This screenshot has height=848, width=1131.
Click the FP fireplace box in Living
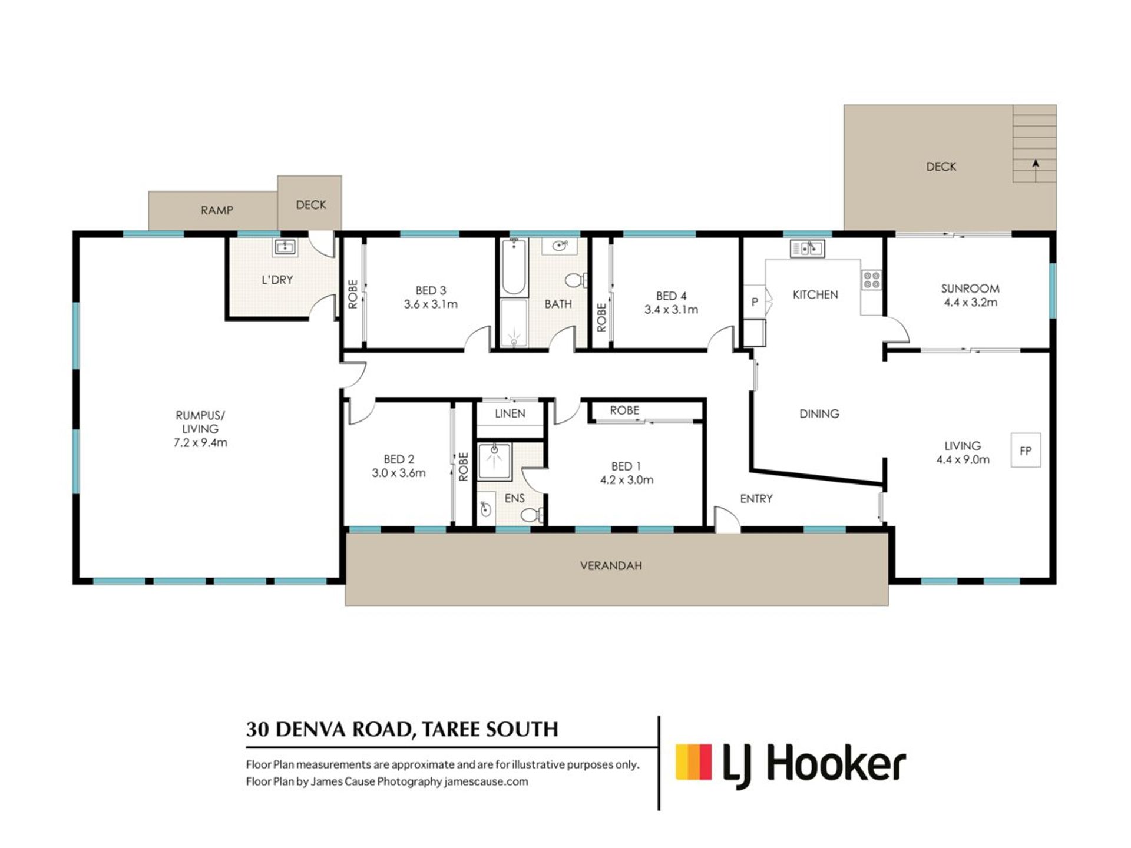coord(1026,450)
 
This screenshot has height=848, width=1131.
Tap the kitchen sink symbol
coord(807,249)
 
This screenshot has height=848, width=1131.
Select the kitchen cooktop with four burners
coord(872,280)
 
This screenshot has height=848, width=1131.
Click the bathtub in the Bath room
coord(514,266)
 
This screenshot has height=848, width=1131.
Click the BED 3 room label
coord(431,290)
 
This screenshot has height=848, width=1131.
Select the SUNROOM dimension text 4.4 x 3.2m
coord(970,303)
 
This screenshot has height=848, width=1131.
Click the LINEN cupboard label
coord(510,413)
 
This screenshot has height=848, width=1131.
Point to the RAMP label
coord(217,210)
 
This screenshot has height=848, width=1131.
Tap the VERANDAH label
coord(611,566)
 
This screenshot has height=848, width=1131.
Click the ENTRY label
coord(756,499)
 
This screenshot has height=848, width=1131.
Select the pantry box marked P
coord(754,302)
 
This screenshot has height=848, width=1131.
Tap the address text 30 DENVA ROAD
coord(328,730)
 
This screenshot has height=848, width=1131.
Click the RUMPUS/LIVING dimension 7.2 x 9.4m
coord(200,443)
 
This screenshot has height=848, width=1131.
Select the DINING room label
coord(819,414)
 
